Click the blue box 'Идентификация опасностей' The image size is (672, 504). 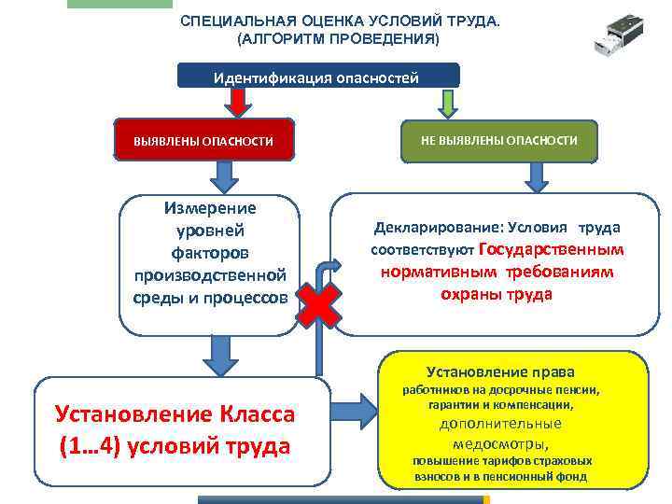(x=317, y=76)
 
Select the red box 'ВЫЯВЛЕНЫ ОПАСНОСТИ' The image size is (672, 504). (x=203, y=140)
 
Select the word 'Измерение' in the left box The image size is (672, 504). (x=210, y=208)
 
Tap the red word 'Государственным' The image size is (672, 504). (x=550, y=249)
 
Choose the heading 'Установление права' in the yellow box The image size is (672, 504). (x=500, y=371)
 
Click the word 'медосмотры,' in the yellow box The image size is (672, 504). (x=509, y=443)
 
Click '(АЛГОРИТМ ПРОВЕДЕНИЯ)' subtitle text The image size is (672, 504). (x=337, y=39)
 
